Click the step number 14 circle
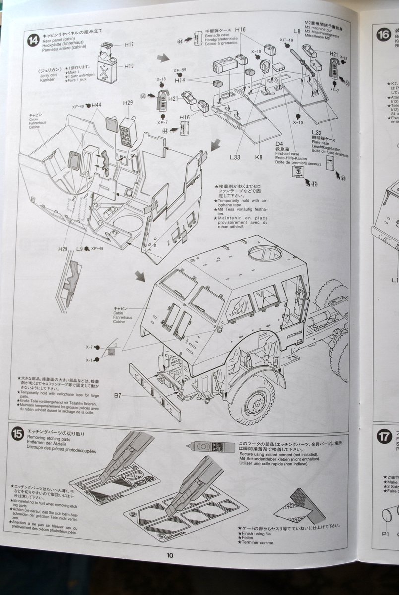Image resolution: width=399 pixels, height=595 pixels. tap(33, 40)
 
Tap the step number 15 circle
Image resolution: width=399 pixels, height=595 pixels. tap(18, 434)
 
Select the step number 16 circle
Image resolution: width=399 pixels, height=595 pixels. tap(383, 34)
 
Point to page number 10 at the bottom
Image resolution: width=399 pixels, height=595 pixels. tap(170, 555)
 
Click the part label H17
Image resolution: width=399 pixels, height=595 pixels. tap(129, 44)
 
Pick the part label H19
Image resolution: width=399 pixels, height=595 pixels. tap(129, 66)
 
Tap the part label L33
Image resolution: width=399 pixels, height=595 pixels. tap(235, 157)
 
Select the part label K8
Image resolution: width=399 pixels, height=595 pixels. tap(259, 157)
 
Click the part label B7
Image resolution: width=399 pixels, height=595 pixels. tap(118, 395)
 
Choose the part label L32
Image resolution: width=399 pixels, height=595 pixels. tap(318, 132)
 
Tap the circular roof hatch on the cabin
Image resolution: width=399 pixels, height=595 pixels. tap(265, 254)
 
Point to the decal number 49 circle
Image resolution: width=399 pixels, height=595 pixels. tap(314, 184)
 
